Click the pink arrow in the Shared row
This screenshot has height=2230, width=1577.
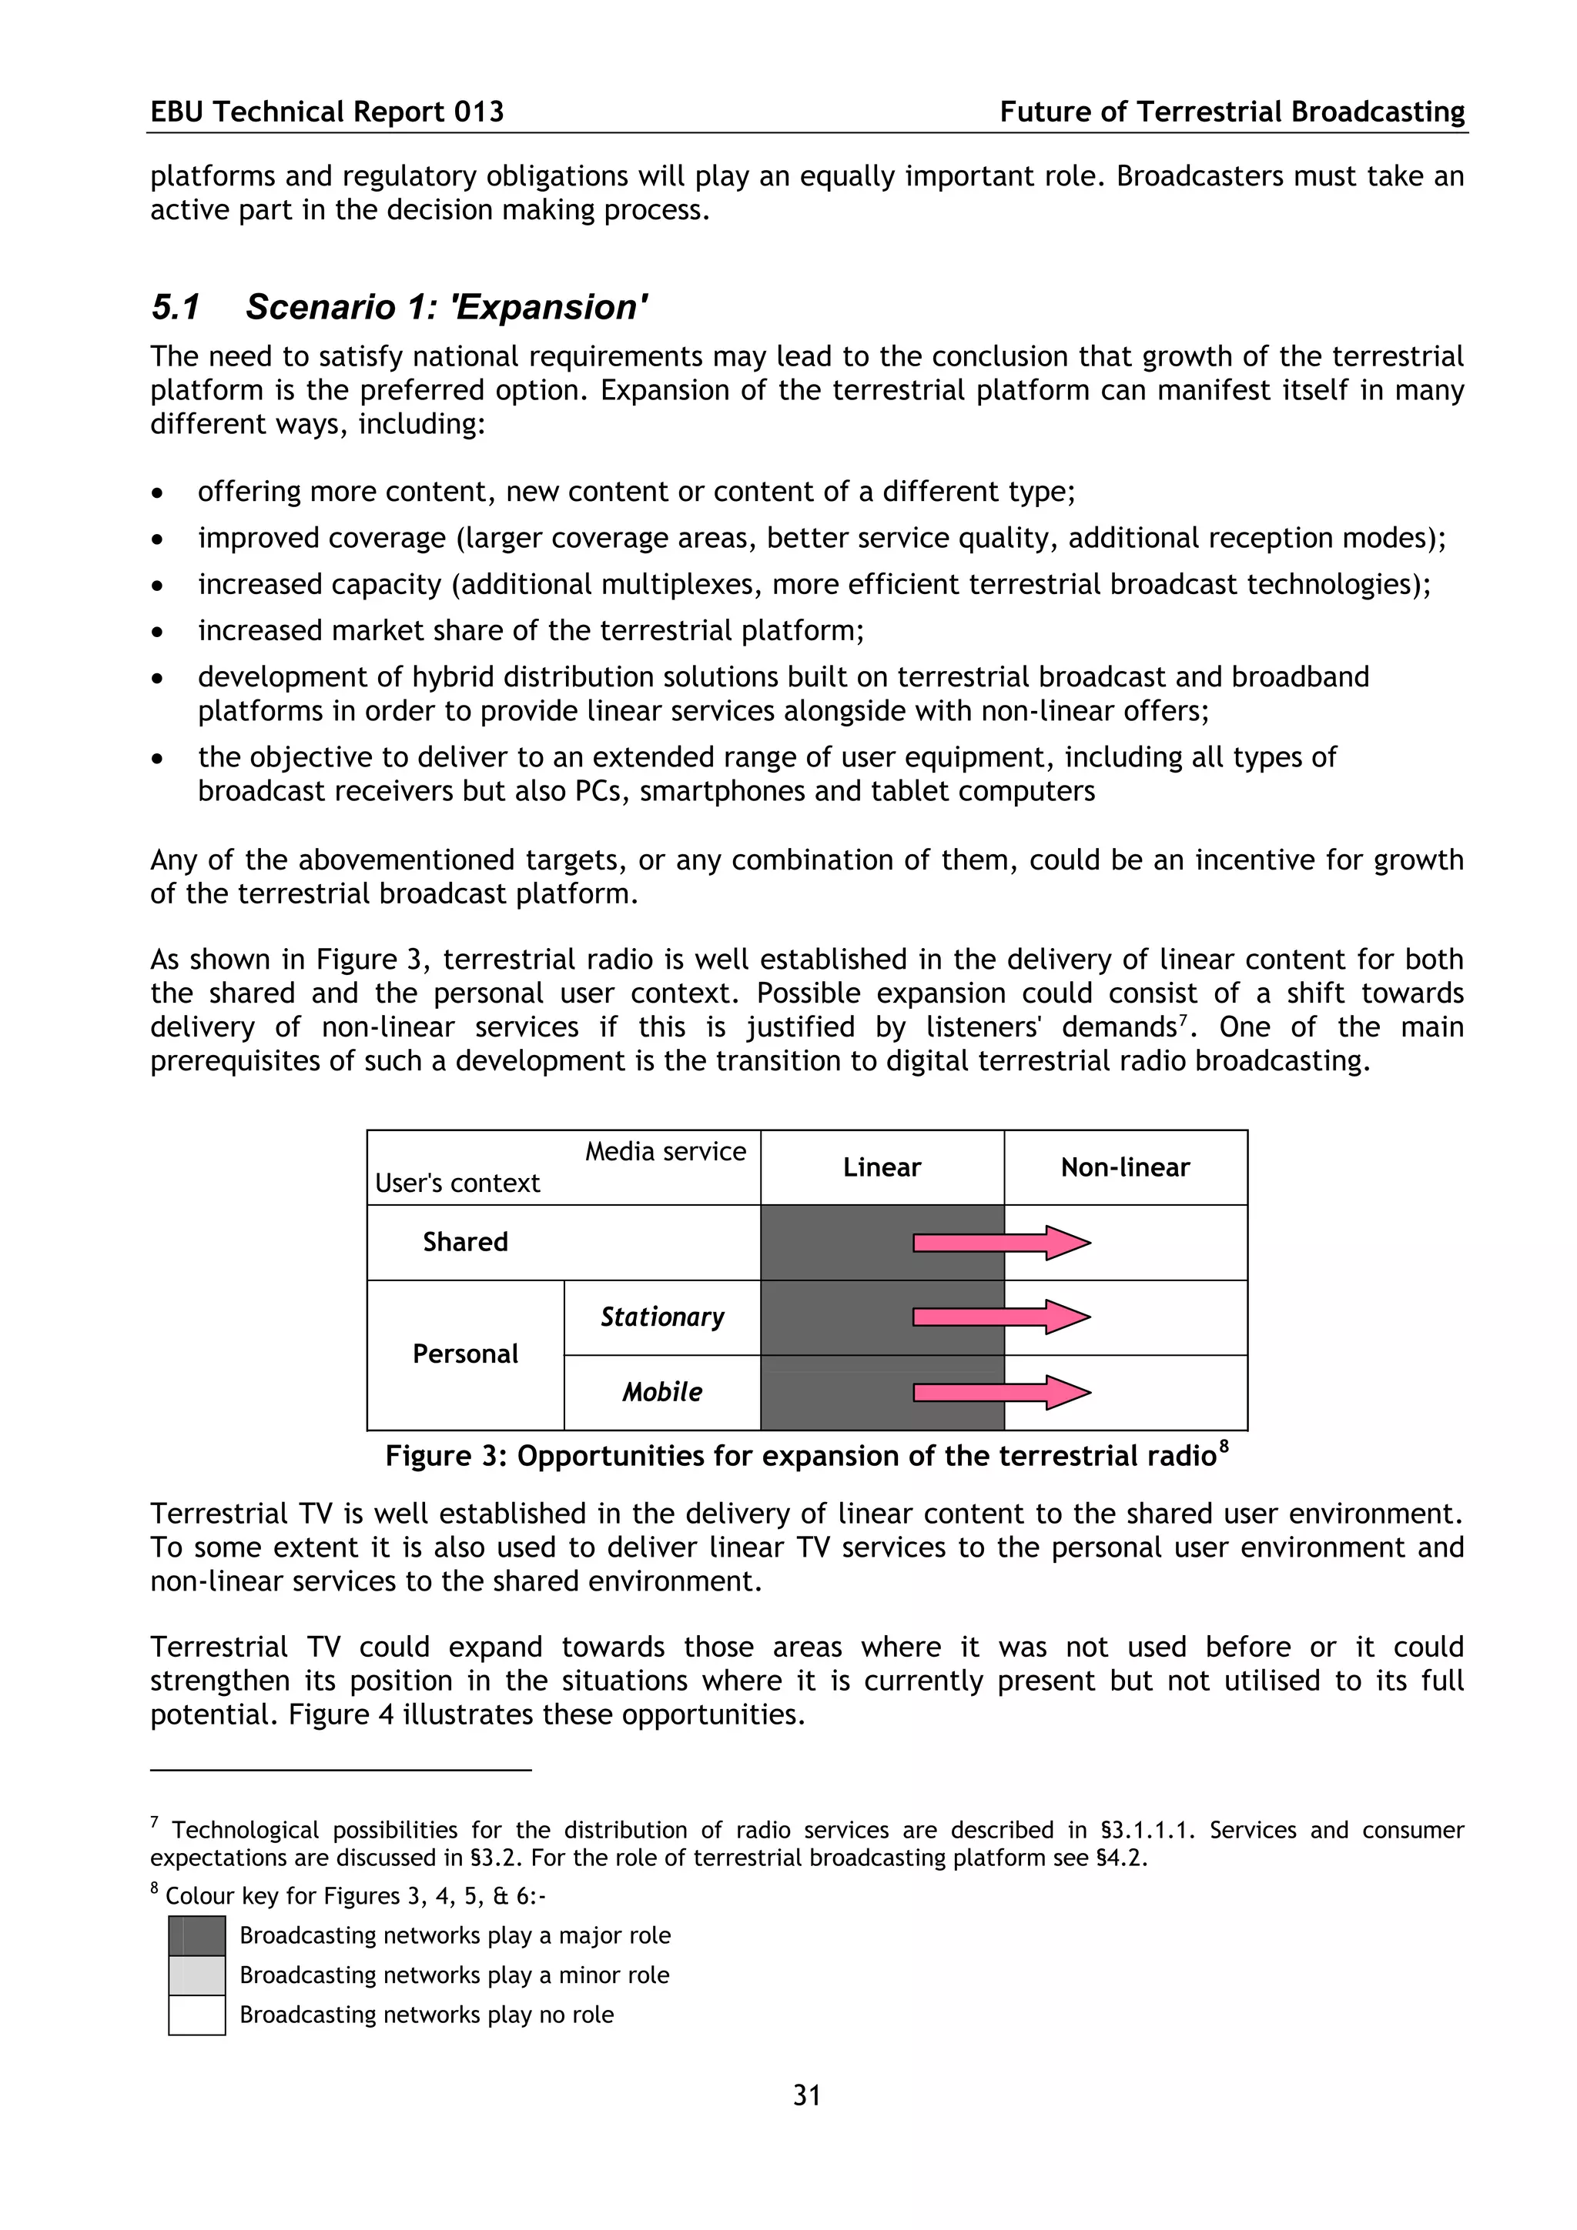pyautogui.click(x=1001, y=1242)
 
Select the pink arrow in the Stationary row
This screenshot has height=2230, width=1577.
pyautogui.click(x=1001, y=1317)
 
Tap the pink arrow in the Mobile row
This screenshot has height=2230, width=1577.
pyautogui.click(x=1001, y=1392)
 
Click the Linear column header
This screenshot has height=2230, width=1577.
pyautogui.click(x=882, y=1167)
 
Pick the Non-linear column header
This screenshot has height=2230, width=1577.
pyautogui.click(x=1124, y=1167)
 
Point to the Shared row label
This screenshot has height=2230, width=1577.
pyautogui.click(x=464, y=1242)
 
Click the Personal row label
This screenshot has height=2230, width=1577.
pyautogui.click(x=464, y=1354)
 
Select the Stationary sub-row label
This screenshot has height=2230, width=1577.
pyautogui.click(x=661, y=1317)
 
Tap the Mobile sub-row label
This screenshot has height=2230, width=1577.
pyautogui.click(x=661, y=1392)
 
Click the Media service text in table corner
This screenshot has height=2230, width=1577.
pyautogui.click(x=665, y=1152)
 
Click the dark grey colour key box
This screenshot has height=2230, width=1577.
pyautogui.click(x=197, y=1936)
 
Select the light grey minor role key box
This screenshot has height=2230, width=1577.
pyautogui.click(x=197, y=1975)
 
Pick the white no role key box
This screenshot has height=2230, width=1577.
pyautogui.click(x=197, y=2015)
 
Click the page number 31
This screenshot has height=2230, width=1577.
pyautogui.click(x=806, y=2096)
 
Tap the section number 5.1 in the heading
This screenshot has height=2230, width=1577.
pyautogui.click(x=175, y=307)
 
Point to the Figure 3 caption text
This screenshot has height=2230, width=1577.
pyautogui.click(x=806, y=1456)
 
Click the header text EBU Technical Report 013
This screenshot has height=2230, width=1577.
pyautogui.click(x=326, y=112)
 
